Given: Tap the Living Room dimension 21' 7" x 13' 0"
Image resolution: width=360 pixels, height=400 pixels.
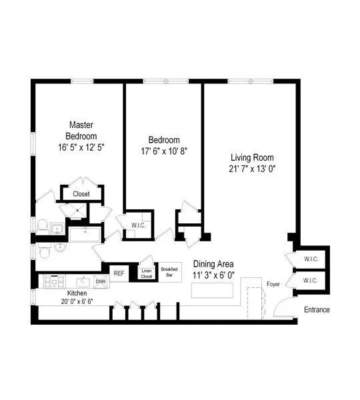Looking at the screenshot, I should pos(253,169).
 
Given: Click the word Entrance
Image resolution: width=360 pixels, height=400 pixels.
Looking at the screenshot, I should pos(317,310).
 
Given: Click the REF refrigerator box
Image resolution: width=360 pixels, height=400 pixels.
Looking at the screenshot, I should pos(119,273).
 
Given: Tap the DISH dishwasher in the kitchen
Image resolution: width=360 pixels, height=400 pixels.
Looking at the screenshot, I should pos(100,281).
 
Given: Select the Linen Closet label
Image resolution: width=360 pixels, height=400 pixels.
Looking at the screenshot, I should pos(147,273).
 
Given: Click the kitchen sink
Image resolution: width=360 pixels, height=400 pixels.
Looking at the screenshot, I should pos(83,281).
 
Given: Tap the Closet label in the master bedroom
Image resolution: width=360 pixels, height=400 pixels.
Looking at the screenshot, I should pos(81,194).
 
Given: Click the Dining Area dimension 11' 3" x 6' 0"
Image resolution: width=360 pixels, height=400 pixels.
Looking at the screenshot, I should pos(214,275).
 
